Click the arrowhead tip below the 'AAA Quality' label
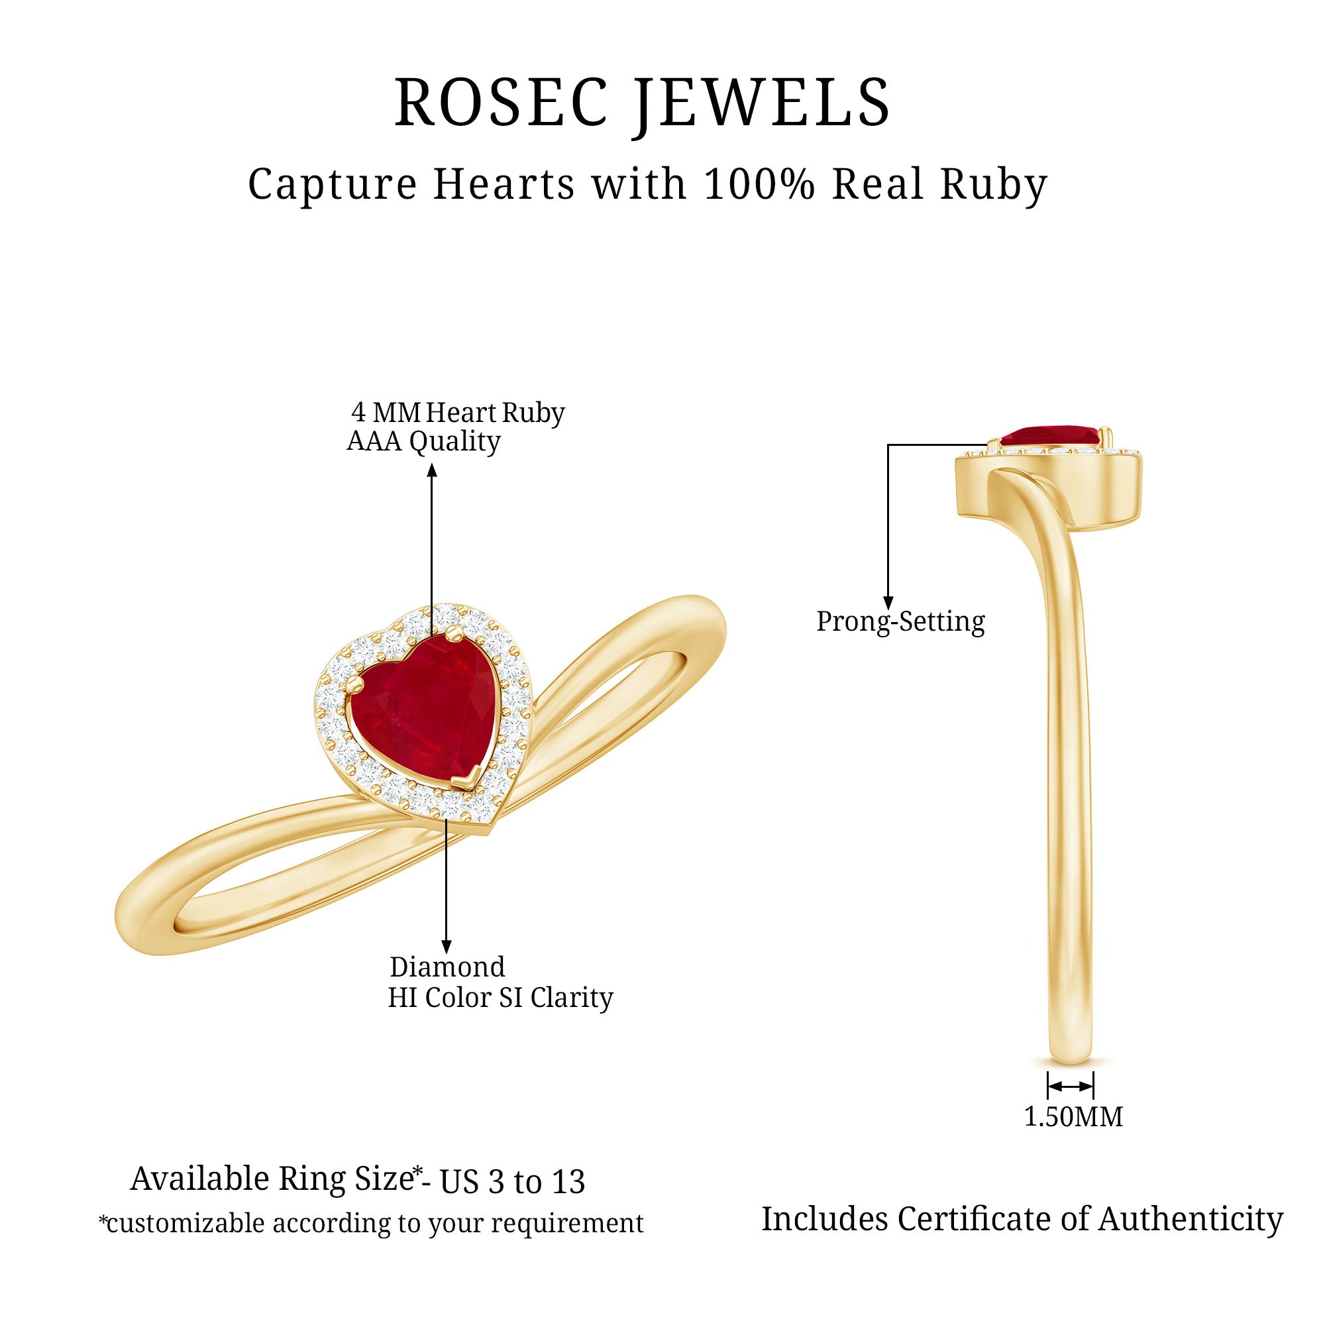(431, 464)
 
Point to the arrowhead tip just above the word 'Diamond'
(447, 954)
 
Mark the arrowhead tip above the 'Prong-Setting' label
(888, 608)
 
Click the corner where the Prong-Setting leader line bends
(888, 445)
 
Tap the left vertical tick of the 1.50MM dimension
(1048, 1086)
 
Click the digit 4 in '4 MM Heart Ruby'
(358, 412)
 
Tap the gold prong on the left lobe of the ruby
(352, 687)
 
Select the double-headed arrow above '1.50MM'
(1071, 1086)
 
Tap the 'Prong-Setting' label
(900, 621)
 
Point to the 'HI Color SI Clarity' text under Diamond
(500, 998)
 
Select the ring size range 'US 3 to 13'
(512, 1182)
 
